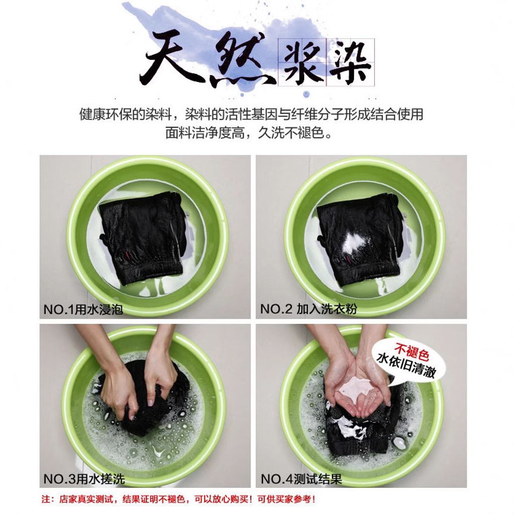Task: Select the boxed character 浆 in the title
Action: tap(302, 63)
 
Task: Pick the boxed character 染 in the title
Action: tap(350, 63)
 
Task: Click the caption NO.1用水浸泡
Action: tap(83, 309)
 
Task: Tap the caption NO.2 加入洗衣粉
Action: tap(309, 309)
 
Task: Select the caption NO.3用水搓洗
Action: tap(84, 479)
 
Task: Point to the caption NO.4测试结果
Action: tap(301, 479)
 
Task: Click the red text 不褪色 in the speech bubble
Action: tap(412, 351)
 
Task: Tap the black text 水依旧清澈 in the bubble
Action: tap(407, 365)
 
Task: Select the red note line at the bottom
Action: tap(179, 499)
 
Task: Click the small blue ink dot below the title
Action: tap(306, 94)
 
